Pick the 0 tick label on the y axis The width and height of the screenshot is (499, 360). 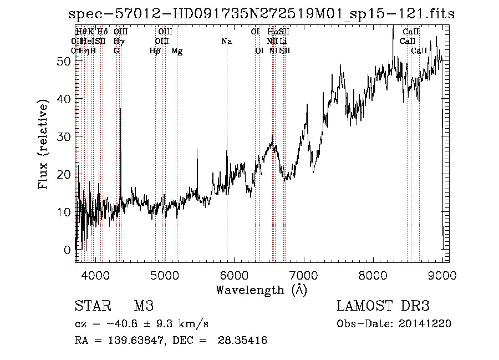[68, 250]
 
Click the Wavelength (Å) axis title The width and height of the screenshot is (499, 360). [261, 290]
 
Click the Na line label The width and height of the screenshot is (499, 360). [226, 41]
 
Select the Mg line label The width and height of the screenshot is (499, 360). [177, 51]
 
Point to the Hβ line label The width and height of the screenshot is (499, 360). [155, 51]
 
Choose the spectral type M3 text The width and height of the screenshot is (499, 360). [143, 306]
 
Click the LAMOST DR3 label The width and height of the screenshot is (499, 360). [383, 306]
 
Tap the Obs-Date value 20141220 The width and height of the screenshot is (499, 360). [425, 324]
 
